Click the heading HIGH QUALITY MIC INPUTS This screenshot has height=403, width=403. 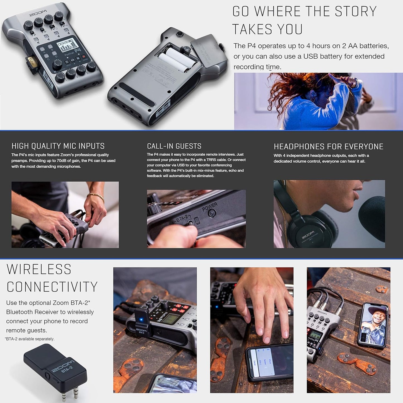click(58, 146)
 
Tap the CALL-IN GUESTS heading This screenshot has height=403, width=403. click(174, 146)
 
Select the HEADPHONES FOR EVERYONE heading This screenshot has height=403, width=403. click(328, 146)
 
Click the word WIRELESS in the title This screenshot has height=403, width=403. click(39, 269)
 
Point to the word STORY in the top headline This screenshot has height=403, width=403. click(356, 12)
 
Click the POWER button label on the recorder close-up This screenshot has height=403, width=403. click(209, 207)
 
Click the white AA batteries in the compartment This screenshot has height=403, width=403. click(176, 60)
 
